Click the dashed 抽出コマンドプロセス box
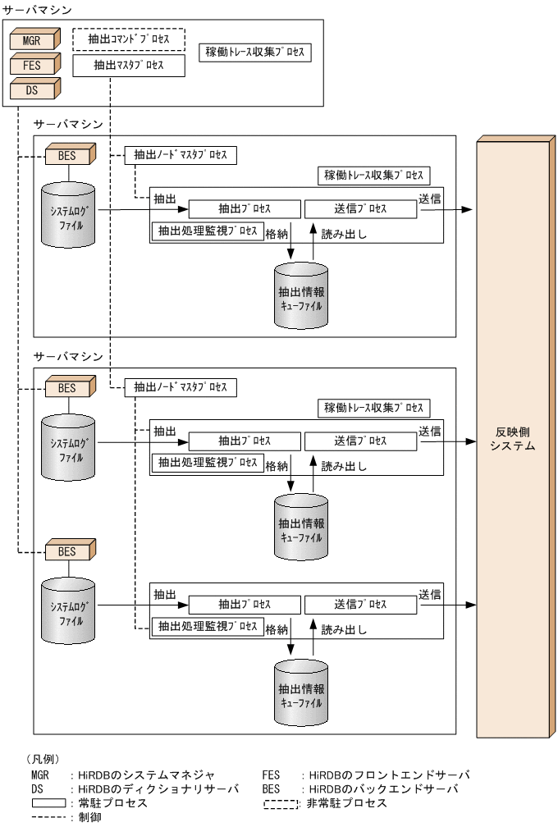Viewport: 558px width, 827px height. pyautogui.click(x=129, y=39)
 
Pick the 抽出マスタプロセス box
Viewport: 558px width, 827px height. pyautogui.click(x=129, y=65)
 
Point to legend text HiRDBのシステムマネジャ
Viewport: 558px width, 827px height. pyautogui.click(x=146, y=774)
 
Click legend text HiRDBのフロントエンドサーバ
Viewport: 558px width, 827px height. pyautogui.click(x=386, y=774)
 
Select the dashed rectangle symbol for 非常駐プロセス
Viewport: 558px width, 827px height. pyautogui.click(x=281, y=803)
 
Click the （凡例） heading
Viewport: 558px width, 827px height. pyautogui.click(x=43, y=759)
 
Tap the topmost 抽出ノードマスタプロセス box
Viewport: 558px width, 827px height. pyautogui.click(x=181, y=155)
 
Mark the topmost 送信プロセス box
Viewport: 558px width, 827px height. pyautogui.click(x=360, y=208)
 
